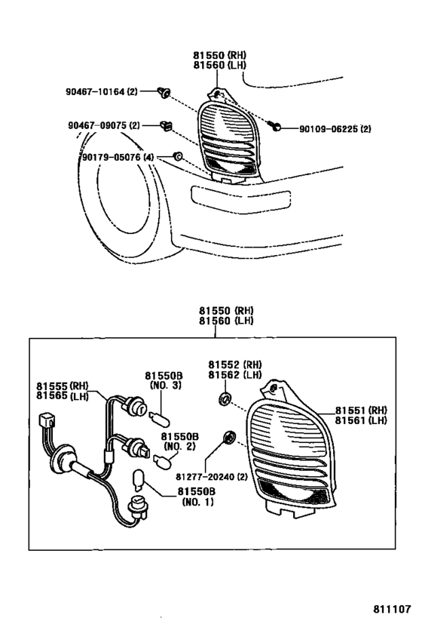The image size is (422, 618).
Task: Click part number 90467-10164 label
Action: click(101, 92)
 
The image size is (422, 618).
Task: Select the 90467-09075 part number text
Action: click(103, 126)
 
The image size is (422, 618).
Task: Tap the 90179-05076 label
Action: click(118, 157)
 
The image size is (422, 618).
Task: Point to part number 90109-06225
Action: click(335, 129)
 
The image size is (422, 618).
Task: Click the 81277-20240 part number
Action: click(212, 477)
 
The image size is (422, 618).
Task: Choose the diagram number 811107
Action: click(392, 608)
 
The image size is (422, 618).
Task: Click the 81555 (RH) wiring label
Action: click(63, 386)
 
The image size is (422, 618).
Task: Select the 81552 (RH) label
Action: click(234, 364)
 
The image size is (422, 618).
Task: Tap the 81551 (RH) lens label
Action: click(361, 410)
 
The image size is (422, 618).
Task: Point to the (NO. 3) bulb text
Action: click(165, 386)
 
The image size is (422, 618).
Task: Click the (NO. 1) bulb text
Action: click(197, 502)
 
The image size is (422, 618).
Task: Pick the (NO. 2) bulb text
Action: click(179, 447)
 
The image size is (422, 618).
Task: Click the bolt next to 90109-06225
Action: click(275, 127)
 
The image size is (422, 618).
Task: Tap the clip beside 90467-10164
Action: click(164, 93)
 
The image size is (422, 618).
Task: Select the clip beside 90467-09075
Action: click(167, 126)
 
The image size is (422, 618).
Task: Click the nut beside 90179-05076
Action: click(177, 156)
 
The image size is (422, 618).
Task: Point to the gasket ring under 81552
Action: click(225, 398)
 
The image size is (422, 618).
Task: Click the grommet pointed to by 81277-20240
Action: click(228, 438)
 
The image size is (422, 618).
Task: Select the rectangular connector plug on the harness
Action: click(47, 421)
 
